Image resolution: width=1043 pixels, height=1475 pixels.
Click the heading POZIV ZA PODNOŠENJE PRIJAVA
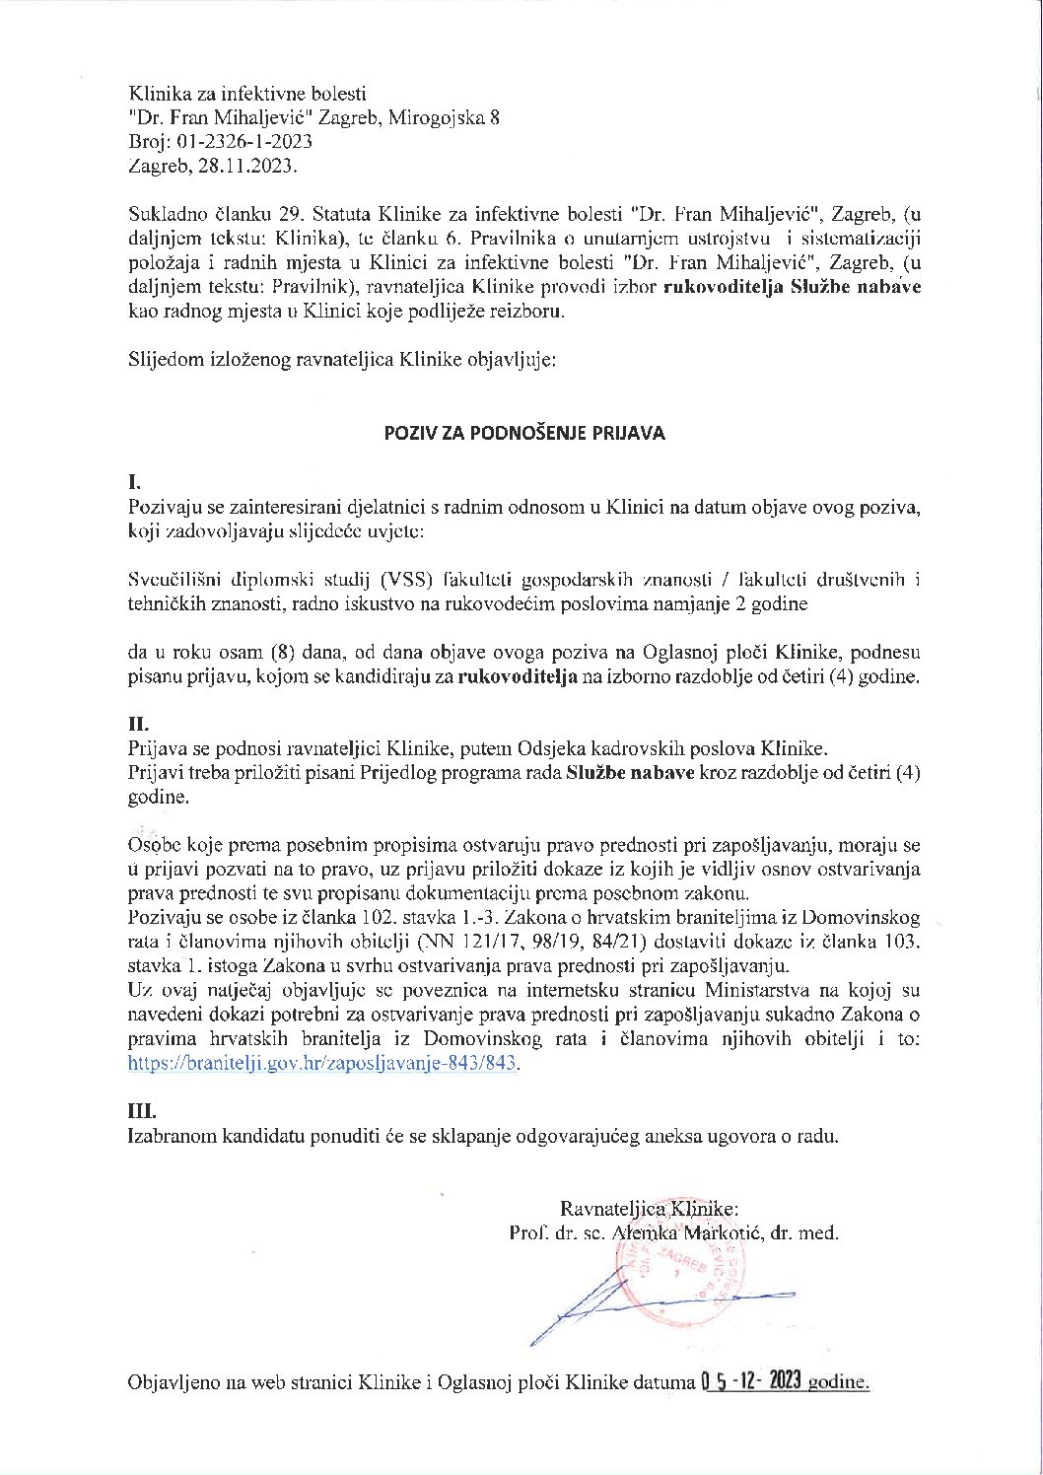coord(524,433)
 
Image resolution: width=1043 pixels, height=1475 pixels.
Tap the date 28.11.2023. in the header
coord(246,166)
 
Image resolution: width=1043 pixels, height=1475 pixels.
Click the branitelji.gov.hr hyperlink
coord(323,1064)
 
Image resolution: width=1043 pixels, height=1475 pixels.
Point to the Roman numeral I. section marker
coord(135,483)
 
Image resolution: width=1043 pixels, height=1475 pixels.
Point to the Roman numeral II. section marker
coord(138,724)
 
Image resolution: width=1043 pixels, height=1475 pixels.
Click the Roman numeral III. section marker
coord(142,1111)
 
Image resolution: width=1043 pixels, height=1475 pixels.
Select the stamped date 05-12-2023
coord(751,1380)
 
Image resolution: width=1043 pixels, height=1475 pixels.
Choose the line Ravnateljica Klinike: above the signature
coord(648,1209)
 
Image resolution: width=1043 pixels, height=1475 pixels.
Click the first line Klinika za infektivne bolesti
coord(247,95)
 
